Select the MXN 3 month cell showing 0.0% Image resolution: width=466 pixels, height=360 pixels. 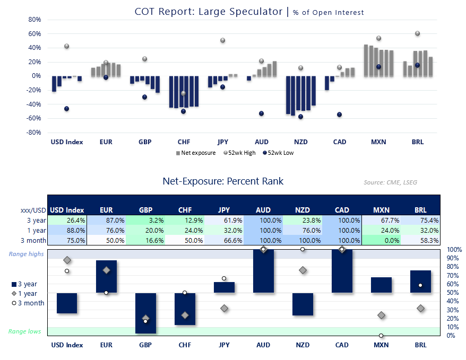click(x=381, y=240)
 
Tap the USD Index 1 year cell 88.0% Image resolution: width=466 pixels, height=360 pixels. click(x=67, y=230)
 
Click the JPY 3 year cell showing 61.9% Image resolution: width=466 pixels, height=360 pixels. click(x=224, y=220)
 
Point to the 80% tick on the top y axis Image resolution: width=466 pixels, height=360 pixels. click(x=34, y=20)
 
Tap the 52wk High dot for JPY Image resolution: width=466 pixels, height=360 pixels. click(x=223, y=40)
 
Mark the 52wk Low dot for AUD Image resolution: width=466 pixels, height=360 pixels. click(x=261, y=113)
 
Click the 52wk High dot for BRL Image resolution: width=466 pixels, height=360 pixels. click(x=417, y=33)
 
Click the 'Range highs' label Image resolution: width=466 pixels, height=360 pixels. click(x=26, y=254)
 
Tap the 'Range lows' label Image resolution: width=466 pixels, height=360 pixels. click(x=24, y=331)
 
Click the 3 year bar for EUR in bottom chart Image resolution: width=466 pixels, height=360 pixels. click(x=106, y=276)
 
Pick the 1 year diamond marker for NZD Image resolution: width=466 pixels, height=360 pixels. click(x=303, y=270)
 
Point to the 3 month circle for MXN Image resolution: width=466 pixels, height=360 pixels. click(x=381, y=336)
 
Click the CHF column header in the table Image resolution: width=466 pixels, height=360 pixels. click(x=185, y=210)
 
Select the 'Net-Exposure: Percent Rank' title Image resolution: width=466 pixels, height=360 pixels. click(x=223, y=181)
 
